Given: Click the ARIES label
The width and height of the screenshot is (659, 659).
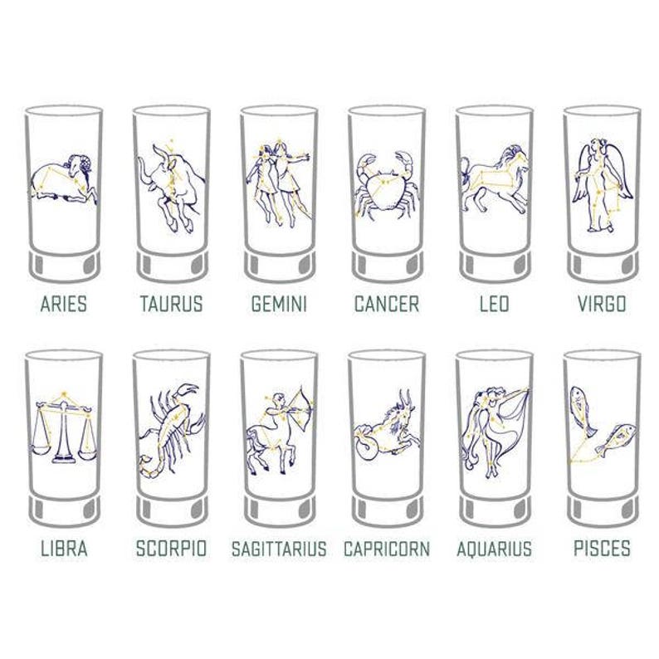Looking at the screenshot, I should tap(63, 304).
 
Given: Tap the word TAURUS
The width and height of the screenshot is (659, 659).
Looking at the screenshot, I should tap(171, 304).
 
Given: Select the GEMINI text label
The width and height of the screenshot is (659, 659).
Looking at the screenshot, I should tap(279, 304).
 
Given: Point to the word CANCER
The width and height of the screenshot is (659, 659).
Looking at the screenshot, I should tap(387, 304).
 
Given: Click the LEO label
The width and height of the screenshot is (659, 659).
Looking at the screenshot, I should tap(494, 304).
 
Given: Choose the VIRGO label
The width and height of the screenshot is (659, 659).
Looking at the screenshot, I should tap(602, 304).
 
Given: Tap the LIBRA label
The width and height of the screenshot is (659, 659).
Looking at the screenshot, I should tap(63, 549).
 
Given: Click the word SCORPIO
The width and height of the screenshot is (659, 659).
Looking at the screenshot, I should tap(171, 549).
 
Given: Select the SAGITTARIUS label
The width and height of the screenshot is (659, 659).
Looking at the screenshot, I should tap(279, 549).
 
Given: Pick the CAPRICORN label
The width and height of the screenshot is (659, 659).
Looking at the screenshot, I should tap(387, 549).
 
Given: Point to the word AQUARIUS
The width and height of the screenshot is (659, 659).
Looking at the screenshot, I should tap(494, 549).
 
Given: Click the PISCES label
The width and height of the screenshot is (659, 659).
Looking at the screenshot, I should tap(602, 549).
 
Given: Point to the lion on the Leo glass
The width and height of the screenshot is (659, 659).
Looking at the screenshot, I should tap(495, 177).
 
